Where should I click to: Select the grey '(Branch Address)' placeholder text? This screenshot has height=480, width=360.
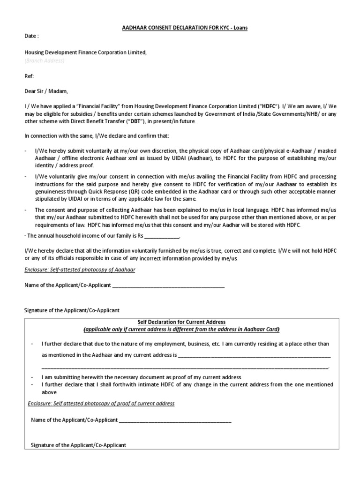[x=45, y=60]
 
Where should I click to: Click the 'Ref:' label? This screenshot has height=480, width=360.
[x=29, y=76]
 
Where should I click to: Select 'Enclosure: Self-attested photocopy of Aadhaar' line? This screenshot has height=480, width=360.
[x=80, y=270]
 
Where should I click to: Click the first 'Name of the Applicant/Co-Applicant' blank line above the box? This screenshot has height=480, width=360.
[x=168, y=285]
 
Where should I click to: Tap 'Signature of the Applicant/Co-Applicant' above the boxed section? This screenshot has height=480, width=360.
[x=72, y=310]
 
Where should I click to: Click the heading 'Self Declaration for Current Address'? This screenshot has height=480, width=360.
[x=181, y=322]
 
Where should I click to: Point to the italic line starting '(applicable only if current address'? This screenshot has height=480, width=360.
[x=181, y=329]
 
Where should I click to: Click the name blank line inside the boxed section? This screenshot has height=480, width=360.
[x=175, y=420]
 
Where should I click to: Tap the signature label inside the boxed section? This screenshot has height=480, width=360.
[x=78, y=445]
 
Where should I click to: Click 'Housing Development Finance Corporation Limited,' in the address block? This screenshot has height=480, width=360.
[x=85, y=52]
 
